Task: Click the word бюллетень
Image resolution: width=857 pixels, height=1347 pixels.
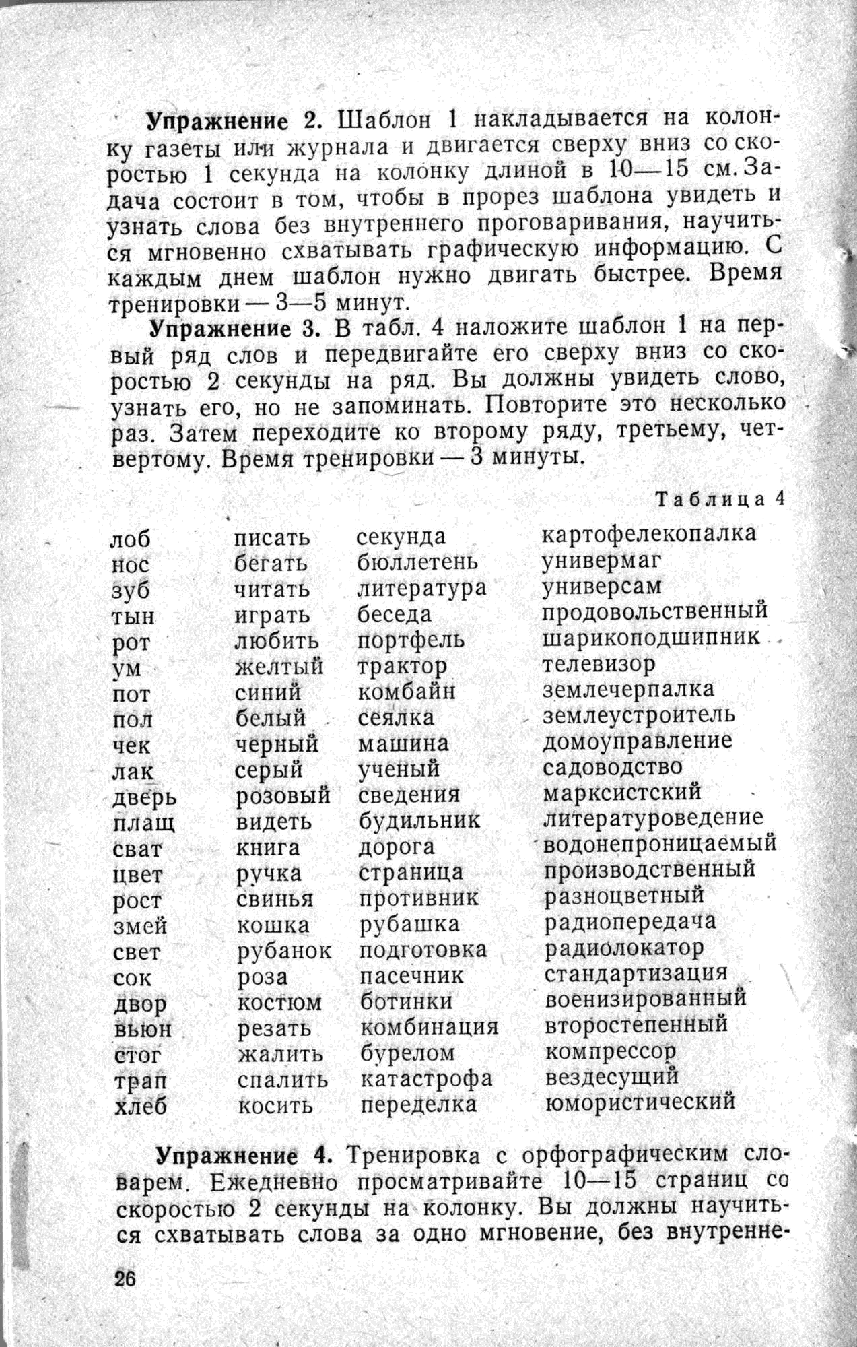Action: [x=418, y=561]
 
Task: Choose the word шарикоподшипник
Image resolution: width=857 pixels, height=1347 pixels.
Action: [x=651, y=637]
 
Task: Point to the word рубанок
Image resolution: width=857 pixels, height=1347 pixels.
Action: [x=284, y=951]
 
